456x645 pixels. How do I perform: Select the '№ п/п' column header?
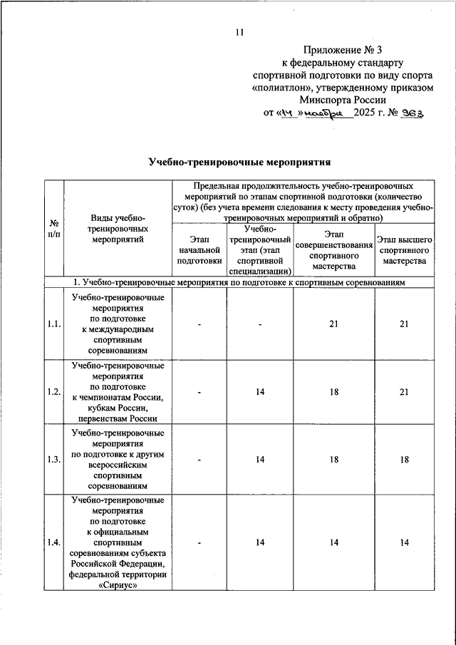point(53,229)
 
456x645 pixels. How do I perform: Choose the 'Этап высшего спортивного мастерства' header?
point(404,250)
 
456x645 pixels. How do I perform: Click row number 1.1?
point(53,324)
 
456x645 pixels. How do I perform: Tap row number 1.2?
point(53,392)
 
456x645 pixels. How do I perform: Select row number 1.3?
point(53,460)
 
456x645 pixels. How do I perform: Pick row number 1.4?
point(53,544)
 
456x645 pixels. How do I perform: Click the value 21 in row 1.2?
point(404,392)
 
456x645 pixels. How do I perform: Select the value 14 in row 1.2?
point(261,392)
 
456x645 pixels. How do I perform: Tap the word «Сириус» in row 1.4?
point(118,587)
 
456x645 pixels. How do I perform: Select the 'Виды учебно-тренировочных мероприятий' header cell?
point(118,229)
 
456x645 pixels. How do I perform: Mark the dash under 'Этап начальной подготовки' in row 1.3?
point(199,460)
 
